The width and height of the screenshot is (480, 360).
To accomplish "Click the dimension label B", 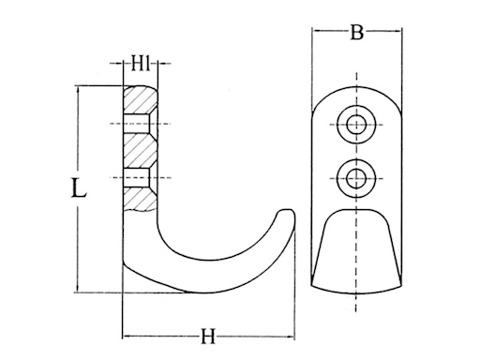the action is (x=356, y=32).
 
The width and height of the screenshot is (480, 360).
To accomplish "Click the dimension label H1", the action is (x=141, y=64).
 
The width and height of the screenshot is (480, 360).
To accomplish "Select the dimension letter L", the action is (x=78, y=187).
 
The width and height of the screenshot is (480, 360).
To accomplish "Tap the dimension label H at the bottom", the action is (x=208, y=337).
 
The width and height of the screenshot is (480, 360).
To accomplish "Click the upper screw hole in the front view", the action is (x=356, y=125).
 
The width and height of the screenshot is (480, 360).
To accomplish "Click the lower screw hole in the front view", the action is (x=356, y=178).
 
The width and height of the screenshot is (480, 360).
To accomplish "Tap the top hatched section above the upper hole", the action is (x=139, y=100).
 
